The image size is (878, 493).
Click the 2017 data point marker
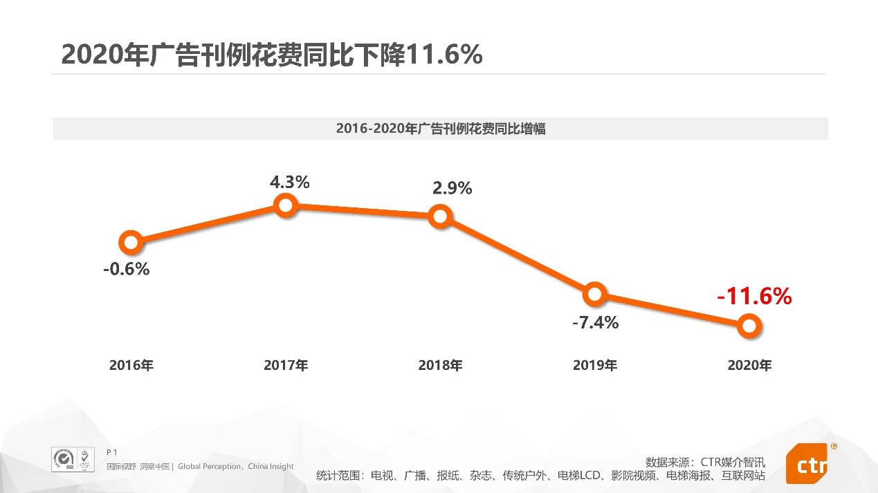(285, 205)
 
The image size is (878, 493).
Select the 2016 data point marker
(131, 242)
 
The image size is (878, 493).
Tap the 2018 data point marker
(440, 216)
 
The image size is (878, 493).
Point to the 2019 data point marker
(594, 294)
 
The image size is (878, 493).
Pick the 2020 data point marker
(749, 325)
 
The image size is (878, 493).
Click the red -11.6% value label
(754, 297)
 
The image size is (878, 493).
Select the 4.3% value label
(289, 183)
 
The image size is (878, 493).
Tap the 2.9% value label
(452, 187)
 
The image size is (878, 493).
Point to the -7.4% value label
(595, 322)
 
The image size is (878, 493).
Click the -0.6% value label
(127, 269)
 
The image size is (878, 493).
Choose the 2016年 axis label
(131, 366)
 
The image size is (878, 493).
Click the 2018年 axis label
(440, 366)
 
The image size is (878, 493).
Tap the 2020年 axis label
(749, 366)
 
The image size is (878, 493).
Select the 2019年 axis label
(595, 366)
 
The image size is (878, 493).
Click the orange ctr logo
(807, 463)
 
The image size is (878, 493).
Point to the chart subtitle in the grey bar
(441, 129)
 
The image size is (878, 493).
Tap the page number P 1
(112, 452)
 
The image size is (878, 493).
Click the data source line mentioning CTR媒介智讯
(705, 462)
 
